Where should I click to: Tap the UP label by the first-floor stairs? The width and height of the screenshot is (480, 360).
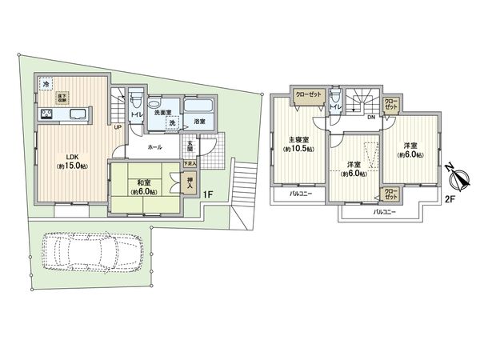tap(118, 127)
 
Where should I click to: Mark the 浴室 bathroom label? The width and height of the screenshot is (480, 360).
tap(199, 122)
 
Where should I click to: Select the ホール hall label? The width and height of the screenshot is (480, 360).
tap(155, 147)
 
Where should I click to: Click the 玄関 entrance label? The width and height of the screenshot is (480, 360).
tap(190, 146)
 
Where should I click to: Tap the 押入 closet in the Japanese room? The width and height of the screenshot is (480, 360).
tap(189, 185)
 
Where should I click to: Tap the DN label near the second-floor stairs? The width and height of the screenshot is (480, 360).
tap(370, 118)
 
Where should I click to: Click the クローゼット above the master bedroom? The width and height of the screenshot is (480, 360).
tap(308, 94)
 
